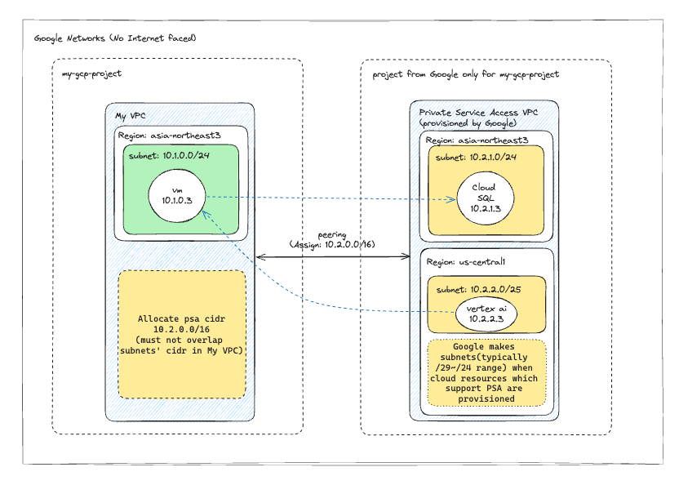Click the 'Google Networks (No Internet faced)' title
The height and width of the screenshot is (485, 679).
[115, 38]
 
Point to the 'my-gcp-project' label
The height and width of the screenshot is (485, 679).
[91, 73]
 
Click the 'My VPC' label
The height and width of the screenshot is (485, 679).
[131, 116]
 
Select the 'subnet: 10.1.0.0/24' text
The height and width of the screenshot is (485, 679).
[169, 156]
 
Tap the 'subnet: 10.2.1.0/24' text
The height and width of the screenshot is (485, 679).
[476, 158]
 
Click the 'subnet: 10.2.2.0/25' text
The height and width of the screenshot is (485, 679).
[478, 290]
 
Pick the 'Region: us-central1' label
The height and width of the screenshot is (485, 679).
[465, 262]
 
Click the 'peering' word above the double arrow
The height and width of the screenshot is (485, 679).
[332, 235]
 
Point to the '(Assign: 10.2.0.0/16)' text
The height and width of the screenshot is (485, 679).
[332, 244]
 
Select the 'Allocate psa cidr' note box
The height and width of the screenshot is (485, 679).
[182, 335]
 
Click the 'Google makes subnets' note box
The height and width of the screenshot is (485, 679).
[486, 373]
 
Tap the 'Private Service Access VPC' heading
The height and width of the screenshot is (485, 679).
[478, 112]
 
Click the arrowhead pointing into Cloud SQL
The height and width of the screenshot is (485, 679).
[451, 199]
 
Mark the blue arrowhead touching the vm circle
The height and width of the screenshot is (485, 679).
[206, 215]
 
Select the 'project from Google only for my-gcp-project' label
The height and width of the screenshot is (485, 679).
[466, 74]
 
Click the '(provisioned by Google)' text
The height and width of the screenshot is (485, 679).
[468, 123]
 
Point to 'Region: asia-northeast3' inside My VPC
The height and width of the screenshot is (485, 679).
[169, 136]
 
